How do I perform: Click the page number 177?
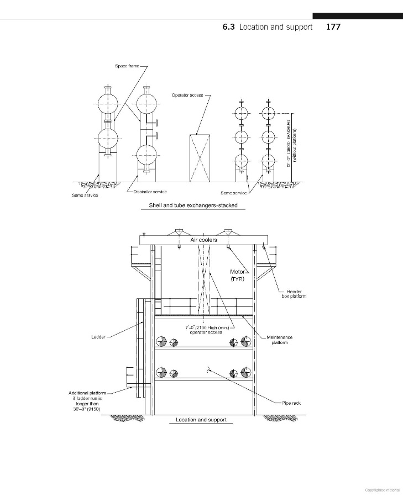tap(333, 27)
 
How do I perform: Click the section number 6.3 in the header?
tap(228, 27)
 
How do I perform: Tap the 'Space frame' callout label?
tap(127, 66)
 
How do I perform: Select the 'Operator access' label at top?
tap(187, 95)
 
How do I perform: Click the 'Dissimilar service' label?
tap(150, 192)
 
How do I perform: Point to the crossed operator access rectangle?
tap(200, 158)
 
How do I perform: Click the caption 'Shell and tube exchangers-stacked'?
tap(193, 205)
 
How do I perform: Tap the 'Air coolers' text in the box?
tap(204, 240)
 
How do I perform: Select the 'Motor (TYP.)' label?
tap(238, 276)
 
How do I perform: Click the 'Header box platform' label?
tap(294, 294)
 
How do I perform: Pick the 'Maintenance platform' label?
tap(280, 340)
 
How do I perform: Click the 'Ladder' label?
tap(98, 337)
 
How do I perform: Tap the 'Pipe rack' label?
tap(291, 403)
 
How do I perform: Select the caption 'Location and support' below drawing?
tap(201, 420)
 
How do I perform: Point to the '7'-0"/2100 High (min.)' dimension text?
tap(207, 327)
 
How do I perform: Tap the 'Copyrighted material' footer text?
tap(383, 490)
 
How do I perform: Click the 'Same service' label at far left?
tap(85, 195)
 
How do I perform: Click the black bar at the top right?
tap(358, 16)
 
